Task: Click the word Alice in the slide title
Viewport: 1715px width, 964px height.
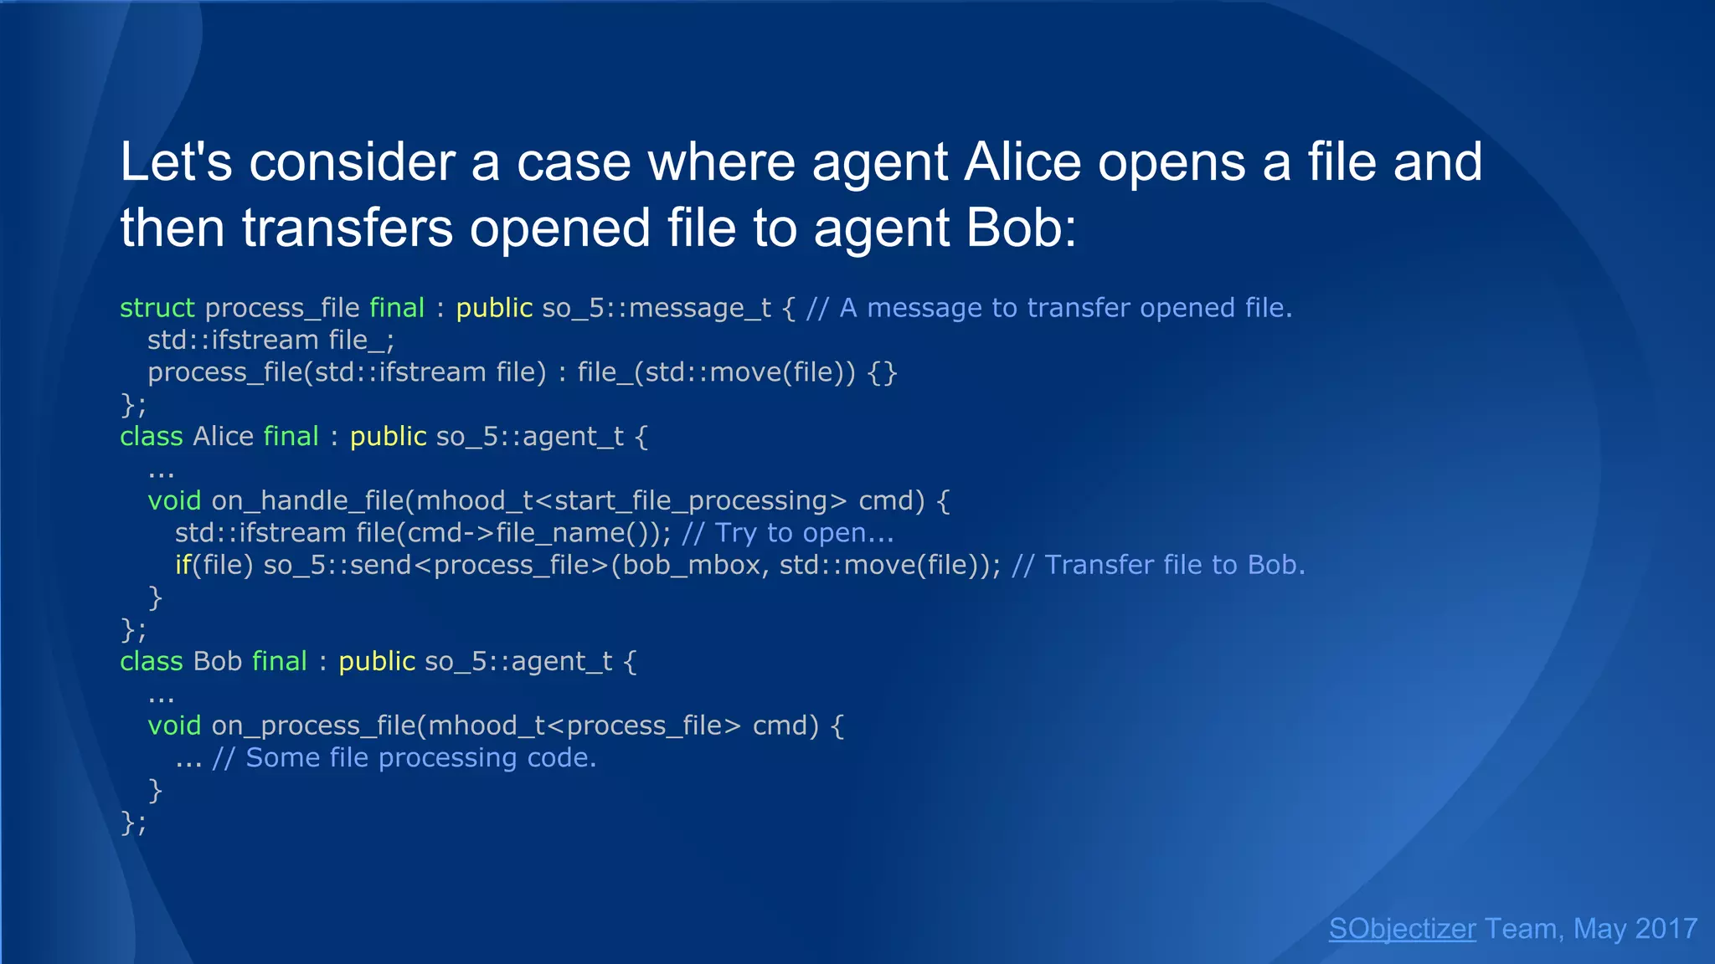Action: [1022, 162]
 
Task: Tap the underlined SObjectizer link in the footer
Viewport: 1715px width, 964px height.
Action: [1402, 928]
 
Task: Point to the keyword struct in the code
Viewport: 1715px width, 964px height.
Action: [157, 308]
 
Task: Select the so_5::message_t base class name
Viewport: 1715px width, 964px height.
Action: [657, 308]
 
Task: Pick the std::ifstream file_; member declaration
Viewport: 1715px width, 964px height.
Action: [270, 340]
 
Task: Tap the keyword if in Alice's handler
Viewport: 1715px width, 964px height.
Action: [183, 565]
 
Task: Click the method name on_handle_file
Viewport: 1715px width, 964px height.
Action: [307, 500]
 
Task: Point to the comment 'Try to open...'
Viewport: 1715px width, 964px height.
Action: [788, 533]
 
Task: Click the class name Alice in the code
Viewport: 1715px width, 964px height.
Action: [223, 436]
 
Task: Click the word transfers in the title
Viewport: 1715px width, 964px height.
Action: [347, 228]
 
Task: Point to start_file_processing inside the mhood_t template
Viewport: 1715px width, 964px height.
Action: [690, 500]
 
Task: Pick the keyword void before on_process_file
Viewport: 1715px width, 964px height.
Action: [174, 726]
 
